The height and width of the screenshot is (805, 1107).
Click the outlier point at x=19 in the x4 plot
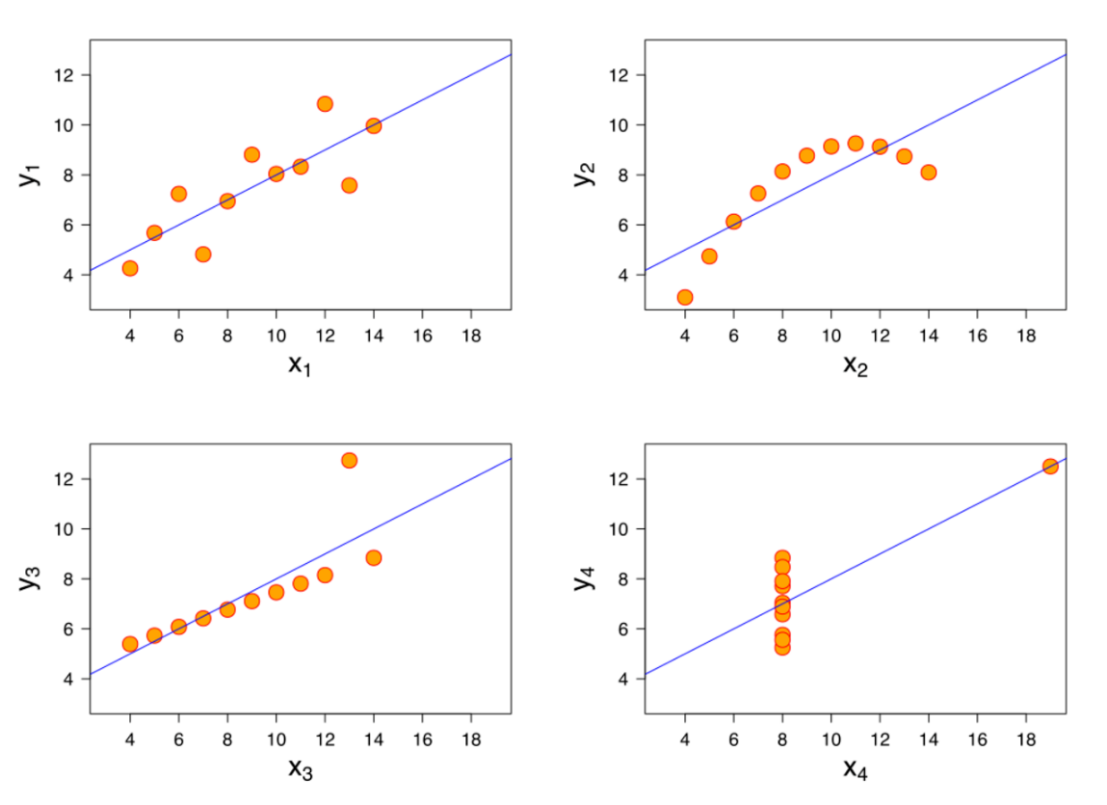tap(1050, 466)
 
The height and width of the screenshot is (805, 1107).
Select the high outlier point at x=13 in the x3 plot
tap(349, 460)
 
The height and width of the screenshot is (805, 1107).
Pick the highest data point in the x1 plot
tap(325, 103)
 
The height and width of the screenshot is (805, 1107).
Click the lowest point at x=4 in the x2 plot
tap(685, 297)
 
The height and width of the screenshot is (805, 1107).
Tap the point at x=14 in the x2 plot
tap(929, 173)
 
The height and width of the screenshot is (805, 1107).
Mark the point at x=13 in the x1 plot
tap(349, 185)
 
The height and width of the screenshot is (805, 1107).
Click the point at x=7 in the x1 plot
tap(202, 255)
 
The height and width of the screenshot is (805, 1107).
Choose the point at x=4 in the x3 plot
tap(130, 644)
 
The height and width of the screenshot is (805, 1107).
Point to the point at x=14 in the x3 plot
tap(374, 557)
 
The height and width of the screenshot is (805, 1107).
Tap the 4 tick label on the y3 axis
tap(69, 679)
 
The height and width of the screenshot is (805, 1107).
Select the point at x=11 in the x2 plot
tap(856, 144)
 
